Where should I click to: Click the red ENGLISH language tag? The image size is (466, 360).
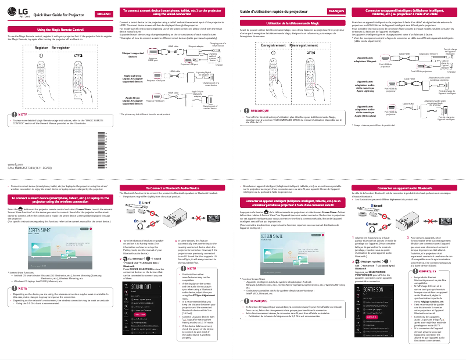pos(104,14)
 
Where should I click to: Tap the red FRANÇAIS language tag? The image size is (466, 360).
pos(336,12)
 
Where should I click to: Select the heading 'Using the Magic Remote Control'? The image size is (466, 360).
pos(58,28)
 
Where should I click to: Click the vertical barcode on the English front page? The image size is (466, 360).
pos(106,147)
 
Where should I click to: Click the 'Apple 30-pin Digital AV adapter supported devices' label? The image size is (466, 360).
pos(132,99)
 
